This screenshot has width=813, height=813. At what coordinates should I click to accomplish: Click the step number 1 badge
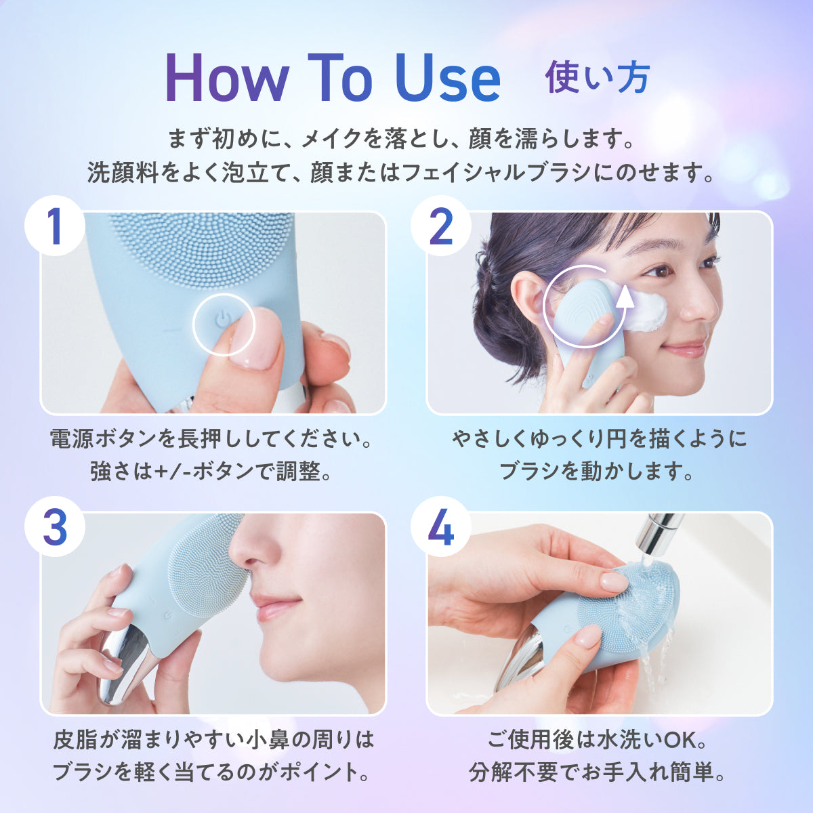tap(55, 226)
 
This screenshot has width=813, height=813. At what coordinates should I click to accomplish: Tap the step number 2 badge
tap(441, 226)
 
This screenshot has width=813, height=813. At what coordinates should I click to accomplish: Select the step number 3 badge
tap(55, 526)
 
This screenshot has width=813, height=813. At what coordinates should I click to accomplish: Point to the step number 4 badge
tap(441, 526)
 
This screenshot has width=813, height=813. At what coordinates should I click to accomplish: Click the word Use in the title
tap(448, 78)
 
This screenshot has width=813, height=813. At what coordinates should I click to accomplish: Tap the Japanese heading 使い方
tap(597, 79)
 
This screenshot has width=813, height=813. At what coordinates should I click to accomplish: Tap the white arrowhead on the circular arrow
tap(625, 299)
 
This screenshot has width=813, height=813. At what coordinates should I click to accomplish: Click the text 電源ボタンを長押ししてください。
tap(211, 439)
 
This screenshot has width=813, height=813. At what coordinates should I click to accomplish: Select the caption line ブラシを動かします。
tap(597, 470)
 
